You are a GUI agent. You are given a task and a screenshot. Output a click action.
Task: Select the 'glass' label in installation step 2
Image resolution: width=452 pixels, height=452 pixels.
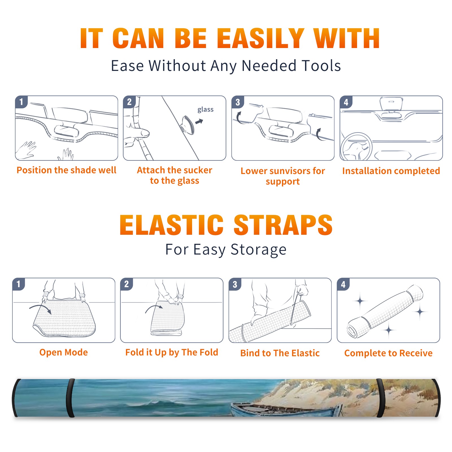(x=205, y=110)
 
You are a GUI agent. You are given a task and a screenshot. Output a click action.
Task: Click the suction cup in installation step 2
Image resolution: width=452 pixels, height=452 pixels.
(x=188, y=125)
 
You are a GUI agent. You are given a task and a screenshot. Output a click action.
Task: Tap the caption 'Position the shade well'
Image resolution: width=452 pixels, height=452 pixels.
(x=66, y=170)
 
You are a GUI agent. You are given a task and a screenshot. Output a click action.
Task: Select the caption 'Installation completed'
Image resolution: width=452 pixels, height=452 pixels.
(x=391, y=171)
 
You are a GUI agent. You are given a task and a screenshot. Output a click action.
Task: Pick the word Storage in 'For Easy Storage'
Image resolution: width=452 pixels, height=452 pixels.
(x=258, y=249)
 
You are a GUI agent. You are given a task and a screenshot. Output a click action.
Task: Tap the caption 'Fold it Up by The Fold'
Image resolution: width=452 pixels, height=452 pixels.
(x=172, y=352)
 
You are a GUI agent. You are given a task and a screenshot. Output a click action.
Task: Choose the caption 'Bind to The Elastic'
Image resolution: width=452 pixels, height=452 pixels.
(x=280, y=353)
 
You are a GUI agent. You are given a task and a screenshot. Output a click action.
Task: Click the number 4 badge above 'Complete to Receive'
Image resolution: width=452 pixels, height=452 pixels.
(x=343, y=284)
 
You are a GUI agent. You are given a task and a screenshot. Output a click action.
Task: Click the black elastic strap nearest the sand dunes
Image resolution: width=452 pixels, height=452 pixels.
(x=381, y=398)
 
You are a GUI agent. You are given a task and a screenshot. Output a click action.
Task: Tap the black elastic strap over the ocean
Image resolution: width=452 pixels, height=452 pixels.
(x=70, y=398)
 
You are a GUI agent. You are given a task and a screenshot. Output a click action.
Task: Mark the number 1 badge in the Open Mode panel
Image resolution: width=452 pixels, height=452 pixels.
(x=19, y=284)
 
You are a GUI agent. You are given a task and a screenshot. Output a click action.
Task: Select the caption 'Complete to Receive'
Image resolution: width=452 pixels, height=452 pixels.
(x=388, y=353)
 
